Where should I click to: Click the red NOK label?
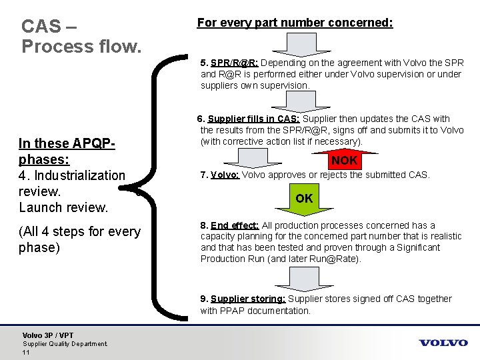point(344,160)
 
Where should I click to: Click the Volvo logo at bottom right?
point(443,343)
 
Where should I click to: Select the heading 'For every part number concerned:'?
point(295,23)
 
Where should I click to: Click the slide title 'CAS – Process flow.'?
point(81,36)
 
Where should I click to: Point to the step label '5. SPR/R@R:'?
point(229,63)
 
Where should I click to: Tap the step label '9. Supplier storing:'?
point(243,299)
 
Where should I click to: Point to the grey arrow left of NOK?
point(243,158)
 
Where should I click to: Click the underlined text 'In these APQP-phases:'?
point(67,152)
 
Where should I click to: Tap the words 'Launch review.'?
point(63,207)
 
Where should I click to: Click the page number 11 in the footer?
point(26,352)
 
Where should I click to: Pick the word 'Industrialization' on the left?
point(80,175)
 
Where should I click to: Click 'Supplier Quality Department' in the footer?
point(65,343)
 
